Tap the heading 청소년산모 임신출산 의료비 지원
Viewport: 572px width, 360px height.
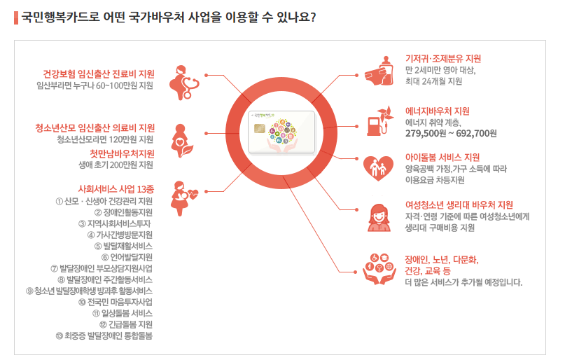pos(95,127)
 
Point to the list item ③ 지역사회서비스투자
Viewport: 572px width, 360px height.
pos(115,223)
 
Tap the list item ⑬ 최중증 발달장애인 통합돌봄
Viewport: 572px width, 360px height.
pos(103,335)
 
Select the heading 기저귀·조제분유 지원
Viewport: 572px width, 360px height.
pos(443,59)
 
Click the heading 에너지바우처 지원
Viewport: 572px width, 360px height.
pos(438,111)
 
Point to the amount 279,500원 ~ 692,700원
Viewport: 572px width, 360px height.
pos(451,133)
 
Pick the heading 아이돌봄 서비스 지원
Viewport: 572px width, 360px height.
pos(442,157)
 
